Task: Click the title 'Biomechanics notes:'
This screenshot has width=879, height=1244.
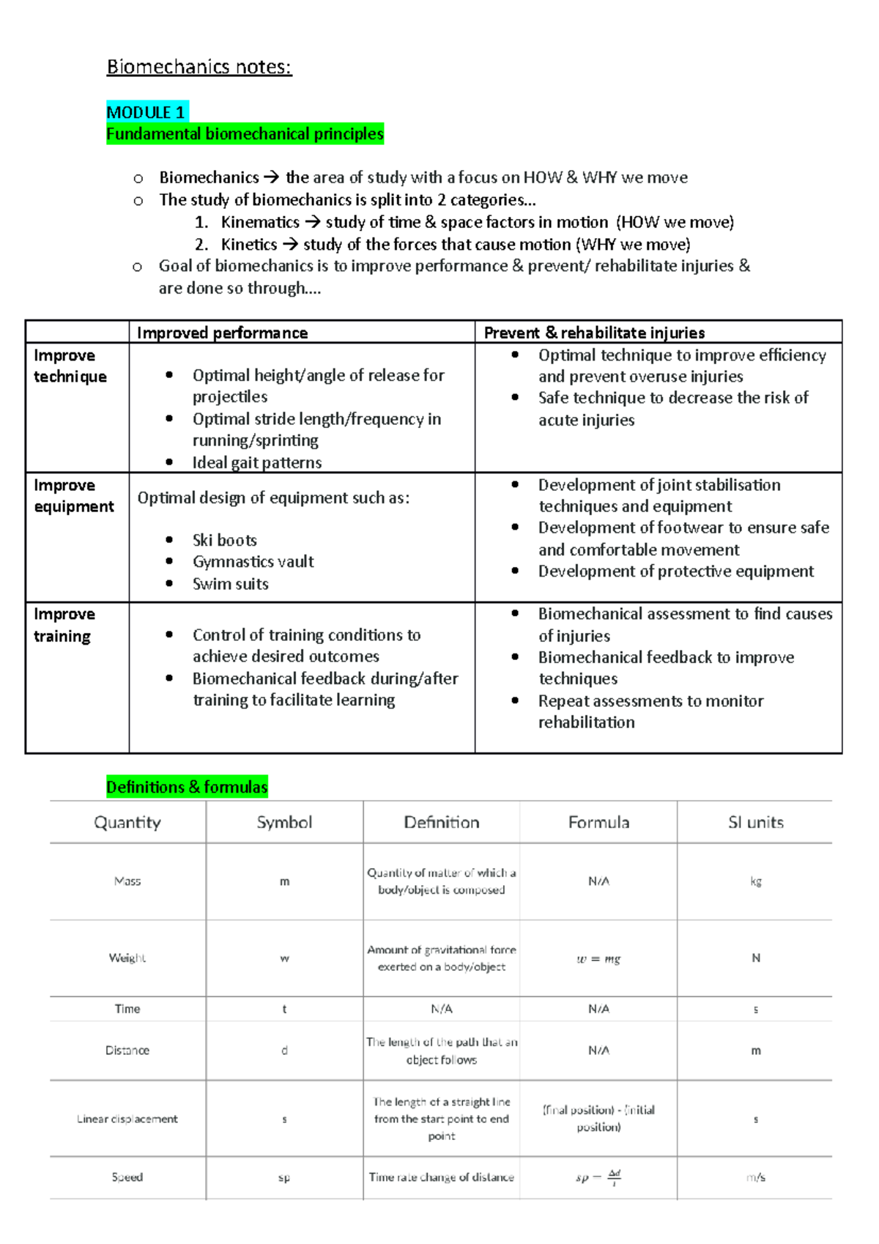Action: (199, 67)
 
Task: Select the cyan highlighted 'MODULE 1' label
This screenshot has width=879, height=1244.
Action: (146, 112)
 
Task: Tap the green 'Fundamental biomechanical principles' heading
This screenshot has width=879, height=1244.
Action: (245, 134)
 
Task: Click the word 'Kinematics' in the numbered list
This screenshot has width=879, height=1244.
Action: (260, 222)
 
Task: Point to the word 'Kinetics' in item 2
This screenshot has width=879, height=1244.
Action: (249, 244)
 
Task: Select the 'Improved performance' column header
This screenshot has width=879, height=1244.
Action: (222, 333)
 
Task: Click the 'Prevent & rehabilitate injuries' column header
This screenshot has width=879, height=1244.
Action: (594, 333)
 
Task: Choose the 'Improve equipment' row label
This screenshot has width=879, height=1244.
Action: (73, 496)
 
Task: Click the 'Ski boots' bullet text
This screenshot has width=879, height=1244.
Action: (224, 541)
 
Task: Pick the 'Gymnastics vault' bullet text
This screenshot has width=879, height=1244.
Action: (253, 562)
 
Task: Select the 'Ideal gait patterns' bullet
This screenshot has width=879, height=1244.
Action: (256, 462)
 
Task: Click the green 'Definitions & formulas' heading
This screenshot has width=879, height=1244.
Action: (187, 787)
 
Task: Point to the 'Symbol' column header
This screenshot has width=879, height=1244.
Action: (284, 822)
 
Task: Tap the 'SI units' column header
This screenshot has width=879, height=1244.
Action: (755, 822)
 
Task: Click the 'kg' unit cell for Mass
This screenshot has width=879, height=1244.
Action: (755, 881)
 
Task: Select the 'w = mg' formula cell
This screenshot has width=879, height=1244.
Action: (598, 958)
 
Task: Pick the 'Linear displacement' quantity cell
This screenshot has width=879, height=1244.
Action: (127, 1119)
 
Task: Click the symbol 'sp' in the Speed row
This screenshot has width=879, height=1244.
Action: (284, 1177)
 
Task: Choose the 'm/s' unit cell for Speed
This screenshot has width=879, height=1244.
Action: (755, 1177)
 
